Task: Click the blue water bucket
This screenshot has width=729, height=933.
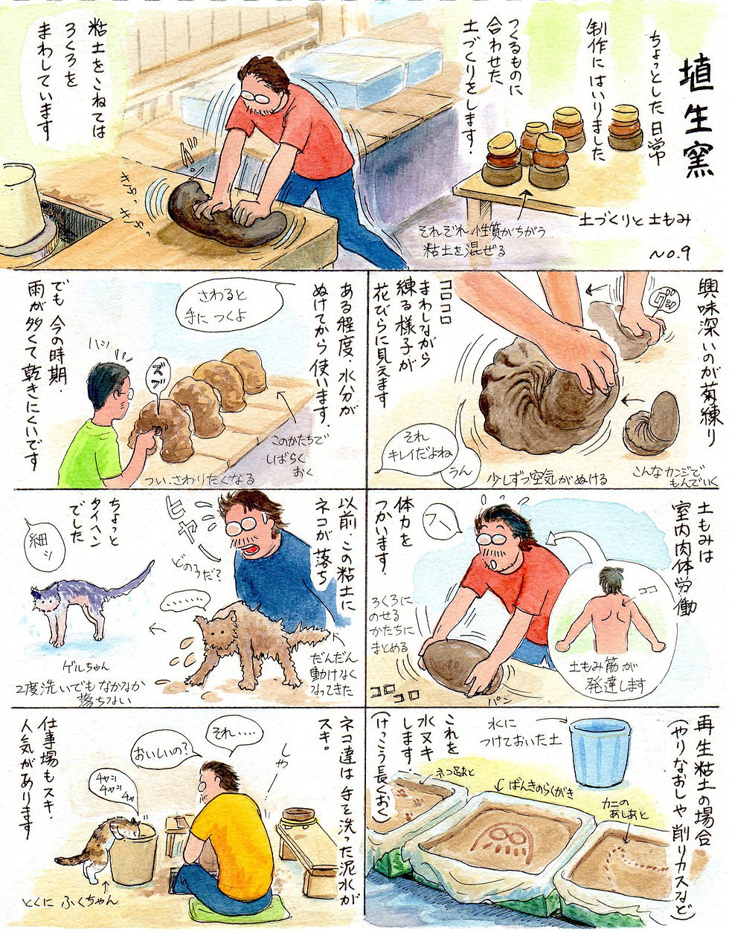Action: [600, 751]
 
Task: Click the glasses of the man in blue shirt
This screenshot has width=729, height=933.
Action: [242, 526]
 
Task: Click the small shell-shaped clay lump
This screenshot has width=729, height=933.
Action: [652, 424]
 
